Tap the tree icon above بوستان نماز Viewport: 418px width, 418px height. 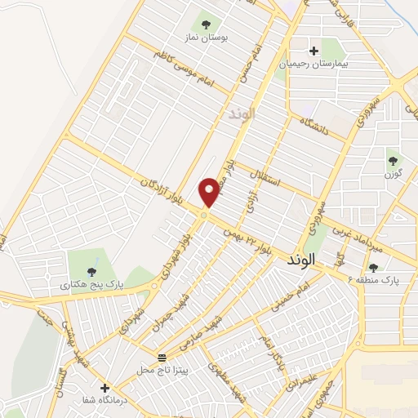[x=205, y=24]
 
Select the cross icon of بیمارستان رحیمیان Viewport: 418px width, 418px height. [x=313, y=51]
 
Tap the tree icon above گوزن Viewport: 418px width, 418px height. [x=394, y=161]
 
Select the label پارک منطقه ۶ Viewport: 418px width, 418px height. [x=379, y=279]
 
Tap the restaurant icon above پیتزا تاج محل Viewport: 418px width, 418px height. [x=161, y=358]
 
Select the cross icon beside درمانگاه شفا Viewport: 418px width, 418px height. [x=104, y=387]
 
